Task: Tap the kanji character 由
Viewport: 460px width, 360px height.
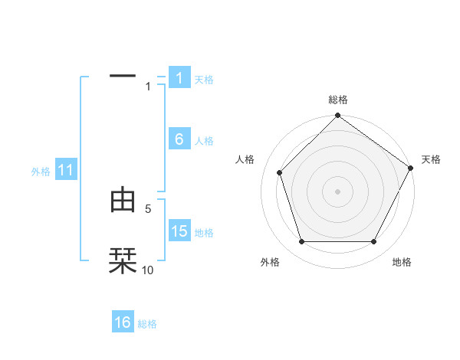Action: coord(123,200)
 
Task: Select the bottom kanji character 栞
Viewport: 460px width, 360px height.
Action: coord(123,260)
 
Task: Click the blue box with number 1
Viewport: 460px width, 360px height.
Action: coord(179,77)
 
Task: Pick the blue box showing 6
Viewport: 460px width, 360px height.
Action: coord(179,139)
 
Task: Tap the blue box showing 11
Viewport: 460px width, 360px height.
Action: coord(65,171)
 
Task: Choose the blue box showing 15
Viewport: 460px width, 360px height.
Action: coord(179,231)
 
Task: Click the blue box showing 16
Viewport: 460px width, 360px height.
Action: coord(123,322)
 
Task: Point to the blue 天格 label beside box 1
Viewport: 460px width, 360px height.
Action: coord(203,79)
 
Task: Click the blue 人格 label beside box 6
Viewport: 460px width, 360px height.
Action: coord(203,141)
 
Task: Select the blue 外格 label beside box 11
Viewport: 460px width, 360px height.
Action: coord(41,172)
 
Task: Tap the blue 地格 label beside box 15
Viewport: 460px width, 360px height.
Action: coord(203,233)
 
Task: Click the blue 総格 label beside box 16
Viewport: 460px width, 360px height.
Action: coord(147,324)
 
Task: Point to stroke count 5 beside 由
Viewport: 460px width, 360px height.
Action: coord(148,208)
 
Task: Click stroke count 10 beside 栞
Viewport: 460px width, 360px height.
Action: coord(148,270)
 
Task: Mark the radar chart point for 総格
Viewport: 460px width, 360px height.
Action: coord(337,116)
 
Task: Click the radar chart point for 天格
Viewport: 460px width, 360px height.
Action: coord(411,168)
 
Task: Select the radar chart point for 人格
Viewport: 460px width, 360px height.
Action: coord(279,172)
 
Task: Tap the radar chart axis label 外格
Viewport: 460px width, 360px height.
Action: coord(270,263)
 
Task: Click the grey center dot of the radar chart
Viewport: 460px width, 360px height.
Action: coord(337,191)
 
